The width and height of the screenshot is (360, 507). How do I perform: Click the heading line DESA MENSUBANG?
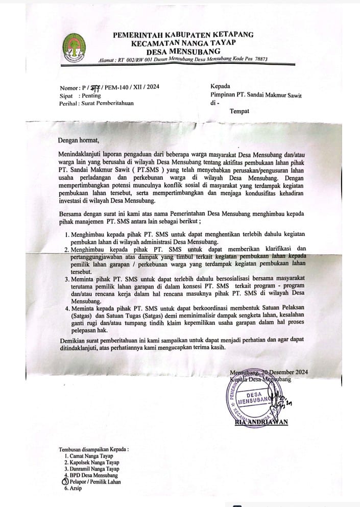pos(183,52)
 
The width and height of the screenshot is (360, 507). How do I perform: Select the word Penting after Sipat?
pos(90,95)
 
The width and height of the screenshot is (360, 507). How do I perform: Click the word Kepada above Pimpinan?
pos(220,86)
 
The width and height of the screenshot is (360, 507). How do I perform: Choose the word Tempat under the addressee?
pos(239,111)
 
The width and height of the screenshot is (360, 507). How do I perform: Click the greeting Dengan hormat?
pos(77,139)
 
